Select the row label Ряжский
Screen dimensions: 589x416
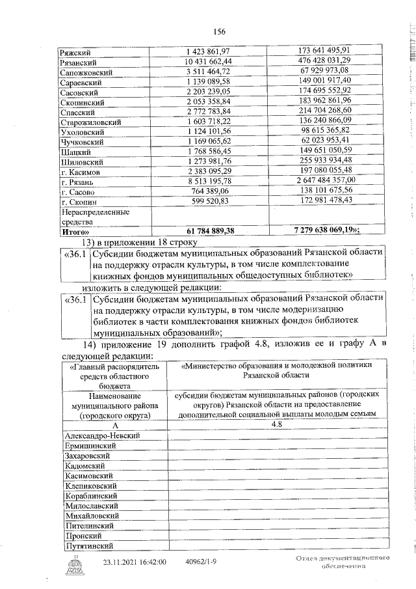pyautogui.click(x=75, y=51)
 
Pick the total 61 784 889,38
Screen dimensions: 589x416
pyautogui.click(x=210, y=230)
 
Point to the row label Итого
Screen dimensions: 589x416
pyautogui.click(x=75, y=230)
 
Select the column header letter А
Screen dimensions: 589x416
pyautogui.click(x=114, y=424)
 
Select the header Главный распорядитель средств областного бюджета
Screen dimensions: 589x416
pyautogui.click(x=114, y=376)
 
